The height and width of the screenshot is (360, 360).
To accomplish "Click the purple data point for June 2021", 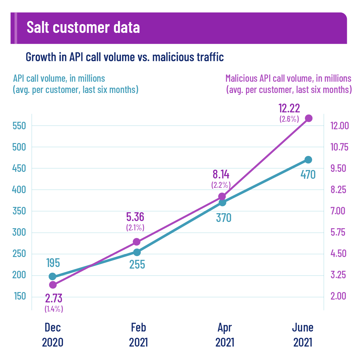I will tap(309, 118).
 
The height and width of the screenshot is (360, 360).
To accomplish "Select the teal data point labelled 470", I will tap(308, 160).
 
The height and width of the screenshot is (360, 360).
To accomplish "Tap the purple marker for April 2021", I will tap(222, 197).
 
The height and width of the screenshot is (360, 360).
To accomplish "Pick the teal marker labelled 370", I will tap(222, 203).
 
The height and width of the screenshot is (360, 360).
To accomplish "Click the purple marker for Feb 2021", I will tap(136, 242).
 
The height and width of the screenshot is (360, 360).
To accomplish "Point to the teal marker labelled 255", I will tap(137, 252).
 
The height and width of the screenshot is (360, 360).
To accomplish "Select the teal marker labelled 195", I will tap(53, 276).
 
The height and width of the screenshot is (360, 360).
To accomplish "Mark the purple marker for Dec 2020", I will tap(53, 285).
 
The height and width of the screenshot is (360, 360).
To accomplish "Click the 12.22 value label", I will tap(289, 109).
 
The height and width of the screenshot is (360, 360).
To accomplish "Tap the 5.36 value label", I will tap(135, 217).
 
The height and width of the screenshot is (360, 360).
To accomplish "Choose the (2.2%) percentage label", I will tap(221, 185).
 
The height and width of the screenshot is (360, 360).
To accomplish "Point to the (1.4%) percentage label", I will tap(54, 309).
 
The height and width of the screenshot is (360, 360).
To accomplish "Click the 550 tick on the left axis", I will tap(19, 126).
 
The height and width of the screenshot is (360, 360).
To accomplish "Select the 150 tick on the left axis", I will tap(20, 296).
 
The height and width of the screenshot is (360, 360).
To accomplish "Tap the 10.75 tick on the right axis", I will tap(340, 147).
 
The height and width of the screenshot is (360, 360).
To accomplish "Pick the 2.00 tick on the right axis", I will tap(338, 296).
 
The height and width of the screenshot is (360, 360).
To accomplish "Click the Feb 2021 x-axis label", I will tap(138, 335).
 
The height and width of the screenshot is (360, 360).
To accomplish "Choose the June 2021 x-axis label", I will tap(303, 335).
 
